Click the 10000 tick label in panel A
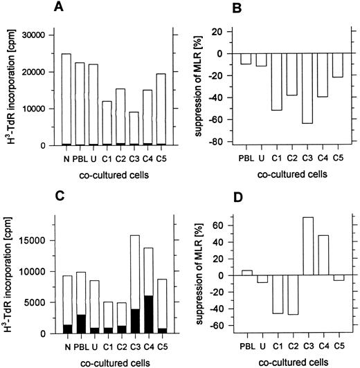(32, 109)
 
